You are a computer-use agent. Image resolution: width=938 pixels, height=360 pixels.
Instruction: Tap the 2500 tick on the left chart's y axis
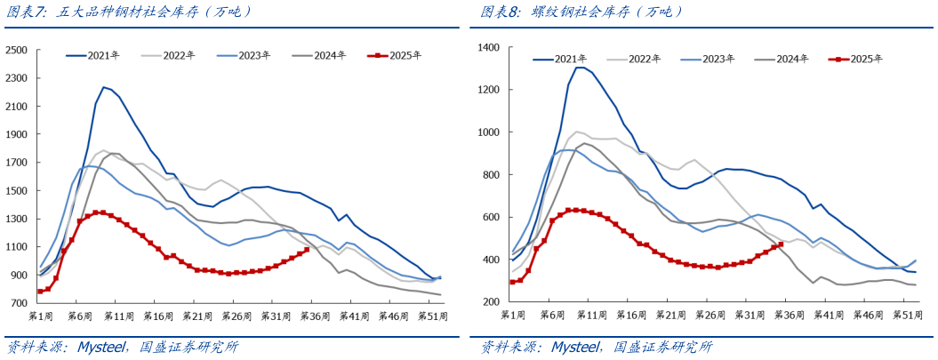click(x=17, y=50)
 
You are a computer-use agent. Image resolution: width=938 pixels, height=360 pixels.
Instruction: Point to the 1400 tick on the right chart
click(x=491, y=47)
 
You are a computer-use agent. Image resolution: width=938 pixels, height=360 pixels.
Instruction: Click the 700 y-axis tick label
click(x=20, y=303)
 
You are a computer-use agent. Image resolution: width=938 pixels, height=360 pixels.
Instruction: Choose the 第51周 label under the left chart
click(x=431, y=316)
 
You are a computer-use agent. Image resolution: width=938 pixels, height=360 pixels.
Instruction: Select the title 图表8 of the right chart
click(x=502, y=12)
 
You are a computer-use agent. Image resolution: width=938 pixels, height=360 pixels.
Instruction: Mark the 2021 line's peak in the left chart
click(x=104, y=86)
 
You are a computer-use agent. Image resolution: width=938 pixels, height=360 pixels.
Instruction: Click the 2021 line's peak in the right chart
click(x=580, y=68)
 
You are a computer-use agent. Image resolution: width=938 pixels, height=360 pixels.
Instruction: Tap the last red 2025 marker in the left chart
click(x=306, y=250)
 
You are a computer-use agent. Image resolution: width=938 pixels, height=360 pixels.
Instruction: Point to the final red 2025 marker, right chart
click(x=781, y=244)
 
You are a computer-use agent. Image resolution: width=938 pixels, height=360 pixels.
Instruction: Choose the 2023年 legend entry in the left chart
click(x=255, y=55)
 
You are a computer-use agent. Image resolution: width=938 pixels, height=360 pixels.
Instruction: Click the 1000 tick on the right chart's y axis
click(x=491, y=132)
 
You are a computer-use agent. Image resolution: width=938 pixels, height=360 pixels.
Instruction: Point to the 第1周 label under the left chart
click(x=41, y=316)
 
